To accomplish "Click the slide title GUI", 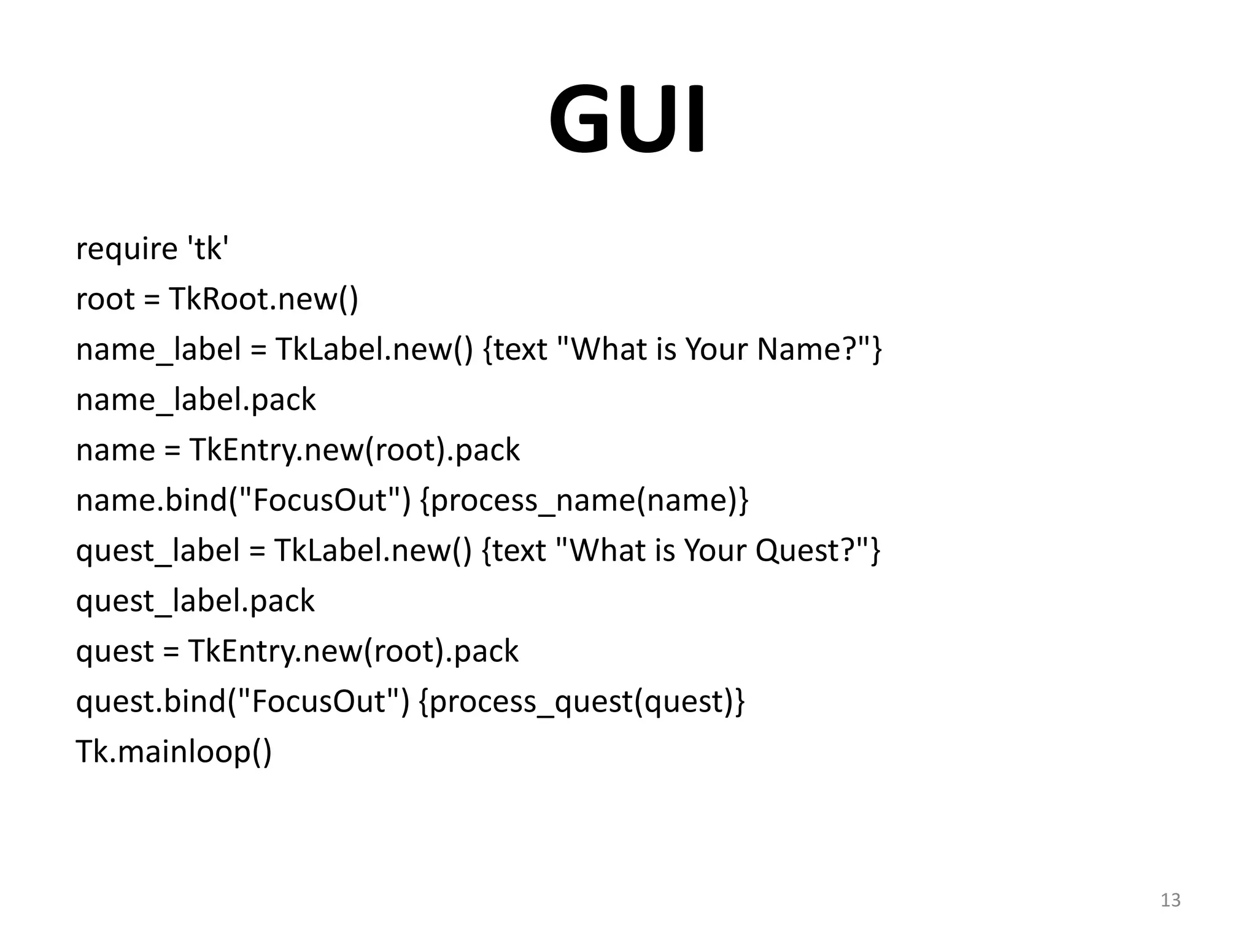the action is pos(627,120).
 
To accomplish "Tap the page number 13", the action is pos(1170,900).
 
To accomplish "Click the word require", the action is pos(126,249).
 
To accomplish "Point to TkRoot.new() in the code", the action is pos(263,300).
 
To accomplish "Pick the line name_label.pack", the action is pos(196,400).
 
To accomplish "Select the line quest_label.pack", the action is pos(195,601).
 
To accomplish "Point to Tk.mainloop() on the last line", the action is pos(174,752).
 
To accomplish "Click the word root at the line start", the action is pos(105,300).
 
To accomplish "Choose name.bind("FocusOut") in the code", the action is pos(243,500).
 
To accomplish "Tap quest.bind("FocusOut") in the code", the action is pos(242,702).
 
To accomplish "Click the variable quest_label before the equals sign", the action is pos(158,551).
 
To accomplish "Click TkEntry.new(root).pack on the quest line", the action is pos(353,651).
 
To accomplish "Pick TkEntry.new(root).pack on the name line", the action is pos(354,451).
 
